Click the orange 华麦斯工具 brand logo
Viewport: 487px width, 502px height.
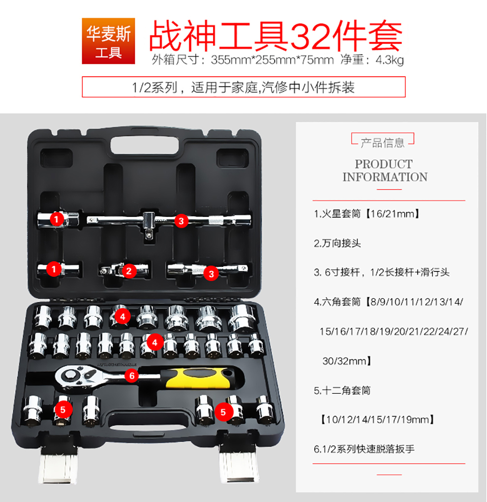pyautogui.click(x=108, y=41)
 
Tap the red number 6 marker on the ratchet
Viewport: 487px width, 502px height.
pyautogui.click(x=132, y=376)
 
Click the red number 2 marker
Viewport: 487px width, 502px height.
pyautogui.click(x=129, y=271)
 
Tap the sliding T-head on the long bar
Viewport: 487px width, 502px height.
pyautogui.click(x=149, y=224)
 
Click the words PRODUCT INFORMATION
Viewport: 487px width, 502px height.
pyautogui.click(x=385, y=170)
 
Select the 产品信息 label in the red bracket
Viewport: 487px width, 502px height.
pyautogui.click(x=383, y=143)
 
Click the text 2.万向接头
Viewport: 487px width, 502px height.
pyautogui.click(x=337, y=243)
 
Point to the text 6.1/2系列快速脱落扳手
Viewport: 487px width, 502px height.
pyautogui.click(x=364, y=449)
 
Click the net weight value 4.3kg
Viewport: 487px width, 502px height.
pyautogui.click(x=390, y=60)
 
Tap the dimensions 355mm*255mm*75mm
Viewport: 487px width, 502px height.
pyautogui.click(x=272, y=60)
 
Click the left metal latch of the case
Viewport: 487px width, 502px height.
pyautogui.click(x=59, y=462)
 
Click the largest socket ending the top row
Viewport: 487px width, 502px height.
pyautogui.click(x=242, y=318)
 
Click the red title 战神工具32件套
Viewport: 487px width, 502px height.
pyautogui.click(x=275, y=35)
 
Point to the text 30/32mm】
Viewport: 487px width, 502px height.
pyautogui.click(x=347, y=361)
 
